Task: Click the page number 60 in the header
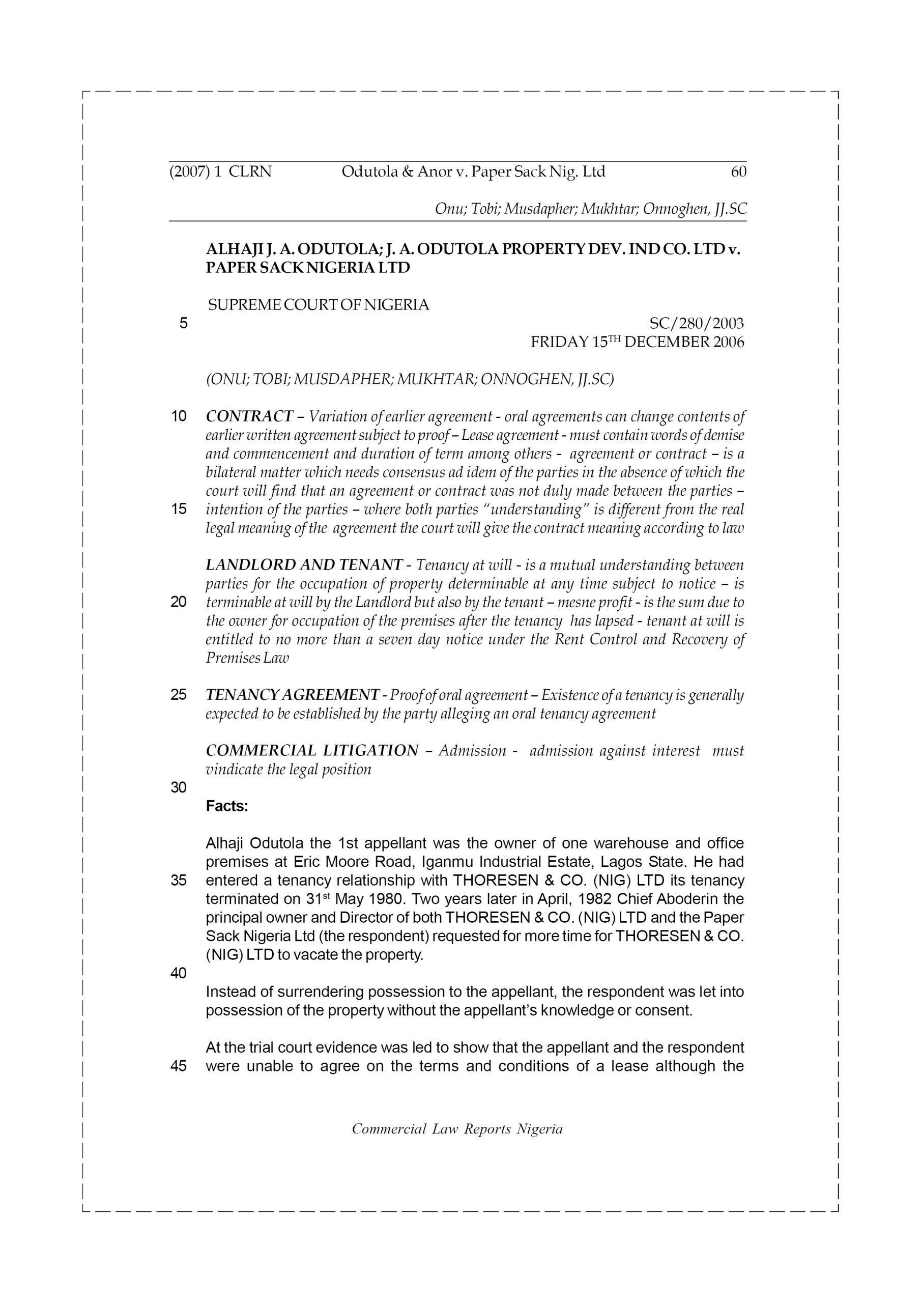pos(738,172)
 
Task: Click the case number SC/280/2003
pos(696,324)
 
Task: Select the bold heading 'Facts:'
pos(227,806)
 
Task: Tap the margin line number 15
pos(179,509)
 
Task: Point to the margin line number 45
pos(179,1066)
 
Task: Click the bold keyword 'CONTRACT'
pos(250,416)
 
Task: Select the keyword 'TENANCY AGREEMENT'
pos(292,695)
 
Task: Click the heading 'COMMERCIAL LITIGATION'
pos(312,750)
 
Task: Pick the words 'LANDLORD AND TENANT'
pos(304,564)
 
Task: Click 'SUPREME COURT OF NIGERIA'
pos(319,305)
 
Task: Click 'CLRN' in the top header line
pos(250,172)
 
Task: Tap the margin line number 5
pos(183,324)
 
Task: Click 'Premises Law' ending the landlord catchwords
pos(247,658)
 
